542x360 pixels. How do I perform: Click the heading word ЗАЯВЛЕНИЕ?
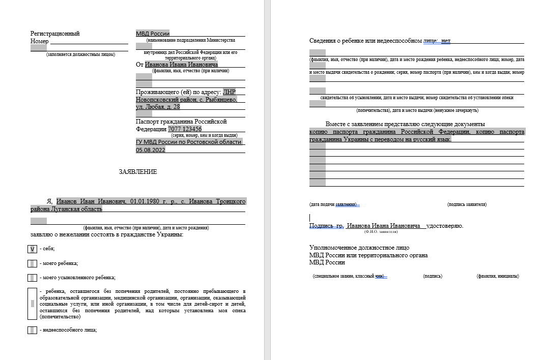pyautogui.click(x=138, y=172)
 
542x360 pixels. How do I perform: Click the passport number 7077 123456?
pyautogui.click(x=185, y=129)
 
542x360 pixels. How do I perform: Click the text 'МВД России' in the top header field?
pyautogui.click(x=153, y=34)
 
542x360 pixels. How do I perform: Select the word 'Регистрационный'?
pyautogui.click(x=55, y=34)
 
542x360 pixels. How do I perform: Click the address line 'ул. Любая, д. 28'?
pyautogui.click(x=158, y=107)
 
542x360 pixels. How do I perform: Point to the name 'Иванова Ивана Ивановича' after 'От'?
pyautogui.click(x=181, y=65)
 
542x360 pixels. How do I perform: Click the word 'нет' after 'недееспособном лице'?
pyautogui.click(x=446, y=41)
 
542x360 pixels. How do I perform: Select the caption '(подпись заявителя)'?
pyautogui.click(x=467, y=204)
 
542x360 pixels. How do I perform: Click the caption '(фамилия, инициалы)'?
pyautogui.click(x=498, y=276)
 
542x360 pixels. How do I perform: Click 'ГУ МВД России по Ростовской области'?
pyautogui.click(x=188, y=142)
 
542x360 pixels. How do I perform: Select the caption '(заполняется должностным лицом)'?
pyautogui.click(x=80, y=54)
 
